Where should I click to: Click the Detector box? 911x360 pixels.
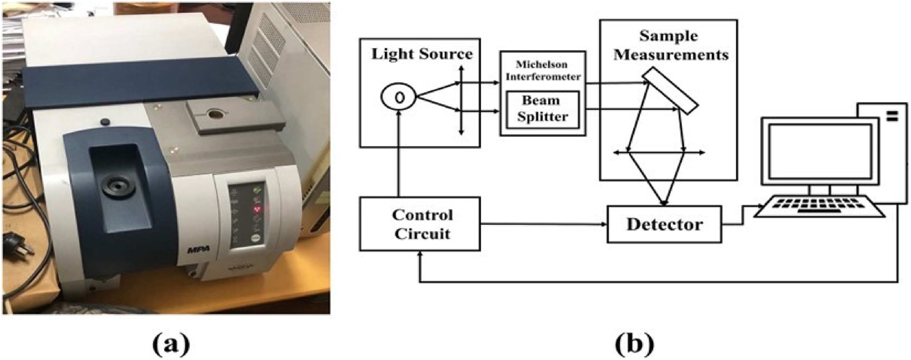click(664, 224)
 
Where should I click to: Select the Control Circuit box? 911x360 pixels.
click(421, 224)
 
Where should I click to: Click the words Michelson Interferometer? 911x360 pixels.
click(543, 70)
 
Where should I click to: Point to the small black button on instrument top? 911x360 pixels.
click(105, 122)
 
